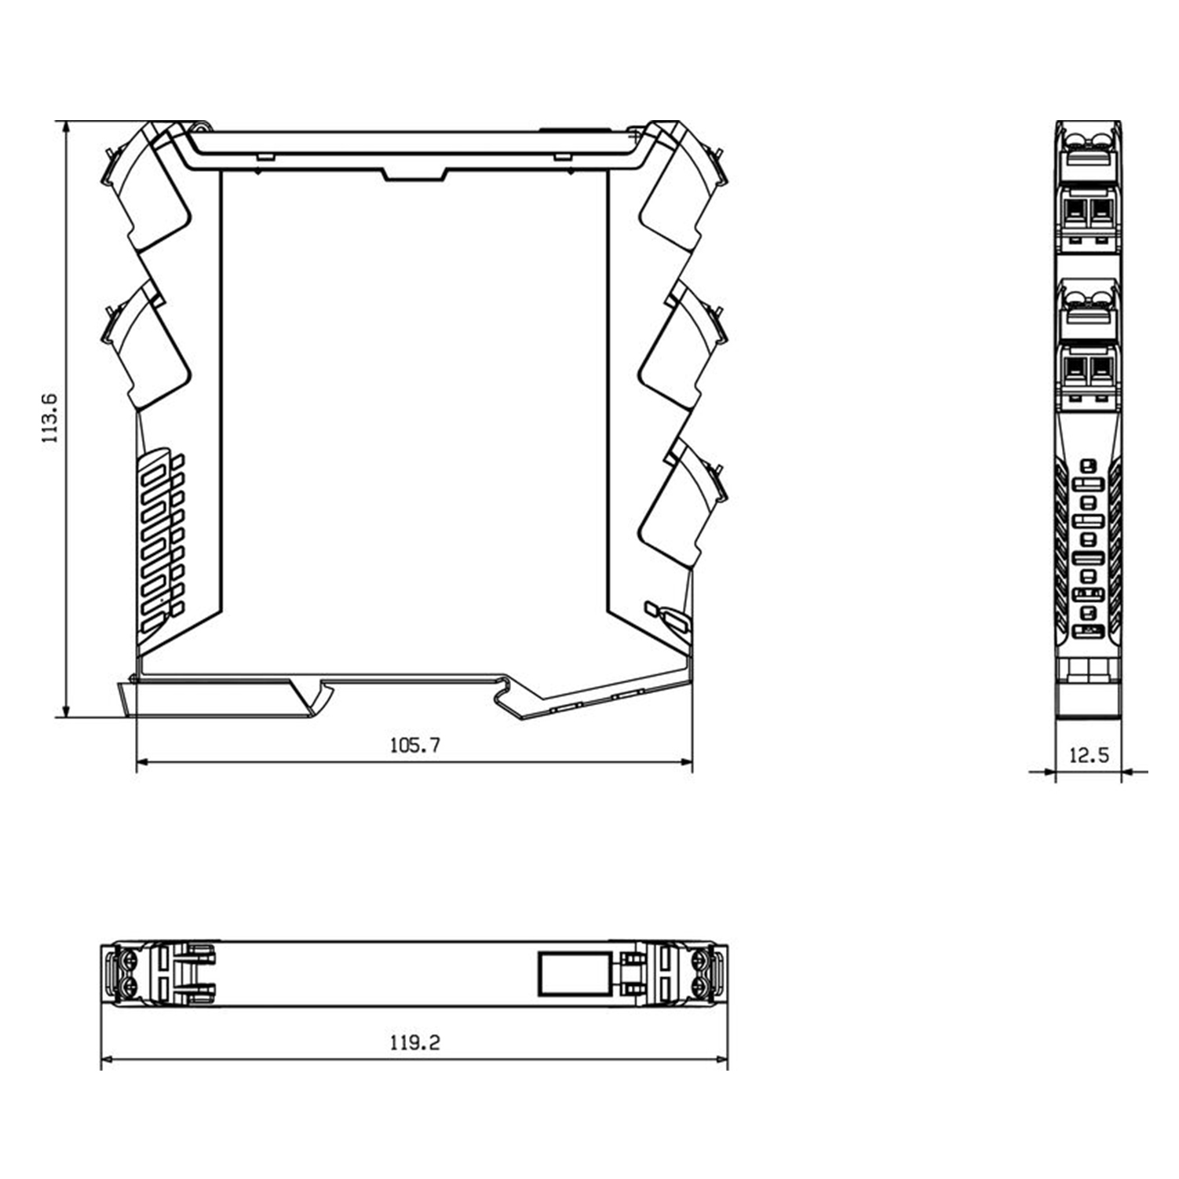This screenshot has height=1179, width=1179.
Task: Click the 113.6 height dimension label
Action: (x=50, y=418)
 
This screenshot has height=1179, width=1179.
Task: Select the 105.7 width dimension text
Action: (x=415, y=745)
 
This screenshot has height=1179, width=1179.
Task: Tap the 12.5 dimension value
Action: (x=1089, y=755)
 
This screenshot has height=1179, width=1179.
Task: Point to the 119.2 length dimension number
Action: (x=415, y=1042)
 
